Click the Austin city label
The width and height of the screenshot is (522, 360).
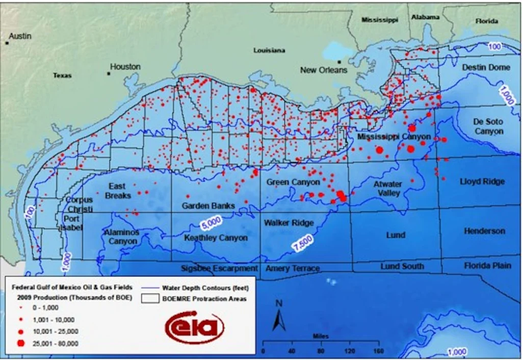(x=20, y=36)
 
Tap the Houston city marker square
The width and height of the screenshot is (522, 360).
(x=109, y=73)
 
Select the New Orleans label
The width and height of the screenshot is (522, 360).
(x=324, y=70)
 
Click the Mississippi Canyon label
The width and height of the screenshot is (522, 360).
(x=394, y=137)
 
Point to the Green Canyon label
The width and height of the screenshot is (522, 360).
(x=294, y=182)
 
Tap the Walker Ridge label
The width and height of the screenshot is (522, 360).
(x=289, y=223)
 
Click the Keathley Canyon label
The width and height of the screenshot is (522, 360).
(x=216, y=238)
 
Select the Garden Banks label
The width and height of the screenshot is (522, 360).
(x=208, y=206)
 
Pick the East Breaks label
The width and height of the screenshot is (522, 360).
(x=118, y=191)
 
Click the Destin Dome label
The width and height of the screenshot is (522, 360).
(x=486, y=67)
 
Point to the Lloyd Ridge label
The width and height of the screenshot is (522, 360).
(x=482, y=182)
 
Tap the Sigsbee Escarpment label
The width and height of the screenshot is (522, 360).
(x=220, y=268)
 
